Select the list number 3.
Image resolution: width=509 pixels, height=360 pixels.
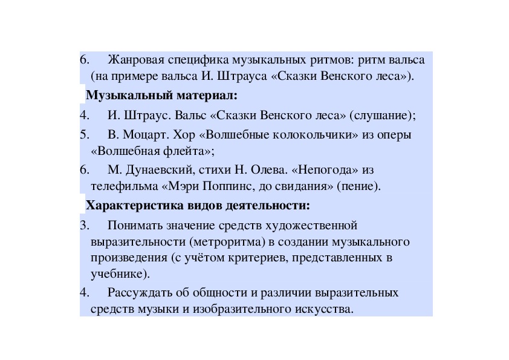84,226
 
